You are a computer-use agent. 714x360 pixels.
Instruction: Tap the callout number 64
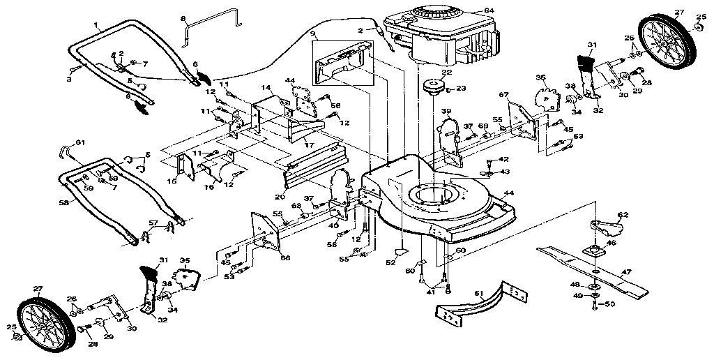click(489, 10)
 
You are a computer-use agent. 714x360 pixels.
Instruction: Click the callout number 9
click(312, 33)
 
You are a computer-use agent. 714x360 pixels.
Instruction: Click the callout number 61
click(80, 142)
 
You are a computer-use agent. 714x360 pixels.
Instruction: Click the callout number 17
click(307, 144)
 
